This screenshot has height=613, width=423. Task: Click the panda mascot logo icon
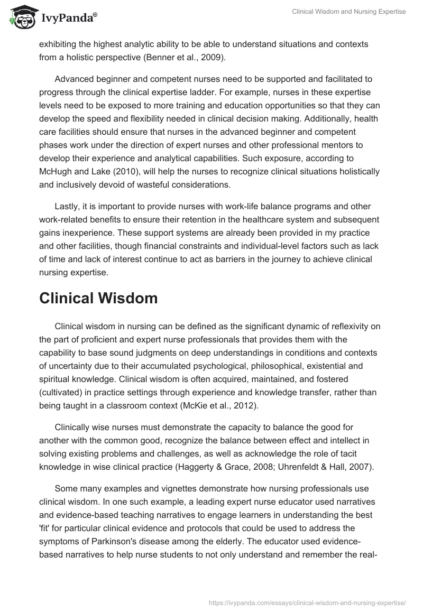click(21, 16)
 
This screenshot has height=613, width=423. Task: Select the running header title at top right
click(349, 12)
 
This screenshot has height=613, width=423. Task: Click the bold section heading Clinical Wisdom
click(98, 298)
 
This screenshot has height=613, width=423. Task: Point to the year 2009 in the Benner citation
click(213, 58)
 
